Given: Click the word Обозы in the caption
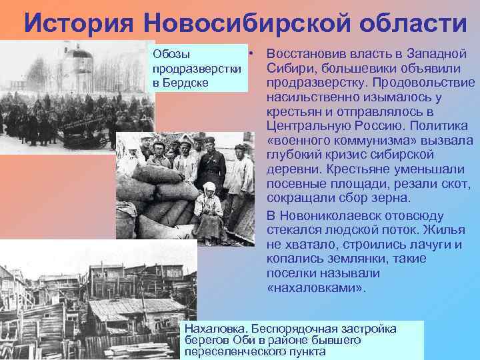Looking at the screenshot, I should tap(171, 53).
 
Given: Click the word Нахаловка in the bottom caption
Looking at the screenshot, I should tap(213, 329).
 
